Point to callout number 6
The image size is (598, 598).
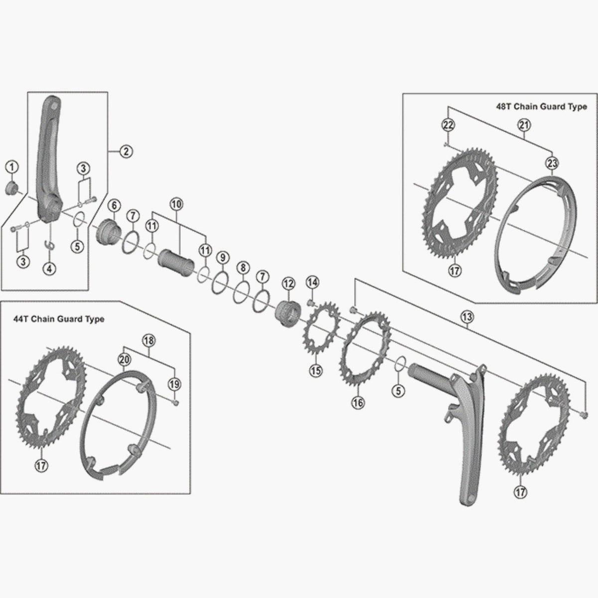pos(114,205)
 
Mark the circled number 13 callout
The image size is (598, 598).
pos(467,316)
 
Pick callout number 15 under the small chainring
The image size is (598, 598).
pos(316,370)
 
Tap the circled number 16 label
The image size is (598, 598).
pos(357,402)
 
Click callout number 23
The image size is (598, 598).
pos(552,163)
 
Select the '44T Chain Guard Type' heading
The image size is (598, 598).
pos(58,319)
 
